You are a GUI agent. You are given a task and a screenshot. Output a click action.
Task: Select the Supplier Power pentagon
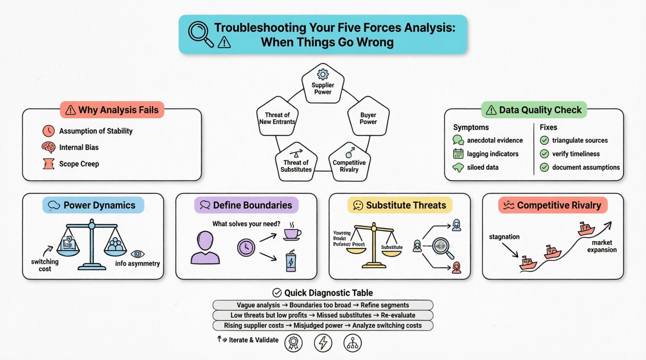point(323,84)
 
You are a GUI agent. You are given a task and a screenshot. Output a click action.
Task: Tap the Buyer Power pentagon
point(368,117)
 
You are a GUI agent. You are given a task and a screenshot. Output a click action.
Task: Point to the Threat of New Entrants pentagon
point(277,117)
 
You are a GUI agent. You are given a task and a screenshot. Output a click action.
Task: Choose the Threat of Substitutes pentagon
point(296,163)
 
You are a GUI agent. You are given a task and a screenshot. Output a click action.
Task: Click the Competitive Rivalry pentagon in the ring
point(349,163)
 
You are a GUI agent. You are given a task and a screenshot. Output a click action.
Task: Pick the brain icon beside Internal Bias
point(49,147)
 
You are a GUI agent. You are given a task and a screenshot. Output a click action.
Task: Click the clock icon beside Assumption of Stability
point(49,131)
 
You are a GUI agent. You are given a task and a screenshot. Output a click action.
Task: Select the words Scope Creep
point(79,164)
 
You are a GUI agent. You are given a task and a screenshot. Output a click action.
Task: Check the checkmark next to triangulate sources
point(544,140)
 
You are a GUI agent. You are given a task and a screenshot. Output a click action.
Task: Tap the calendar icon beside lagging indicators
point(458,154)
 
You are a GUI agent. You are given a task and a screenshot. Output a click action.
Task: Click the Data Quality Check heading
point(534,110)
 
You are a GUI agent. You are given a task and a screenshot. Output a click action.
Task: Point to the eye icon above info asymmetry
point(137,254)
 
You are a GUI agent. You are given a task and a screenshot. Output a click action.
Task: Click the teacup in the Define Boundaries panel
point(292,234)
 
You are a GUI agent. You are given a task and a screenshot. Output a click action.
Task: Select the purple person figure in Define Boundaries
point(205,248)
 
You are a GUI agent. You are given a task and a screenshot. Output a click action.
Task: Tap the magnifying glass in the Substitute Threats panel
point(442,247)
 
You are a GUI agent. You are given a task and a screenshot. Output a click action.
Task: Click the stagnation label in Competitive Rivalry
point(504,237)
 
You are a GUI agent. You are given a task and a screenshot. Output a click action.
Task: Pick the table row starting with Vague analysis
point(323,305)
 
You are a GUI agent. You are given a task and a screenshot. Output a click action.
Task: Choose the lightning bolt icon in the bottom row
point(323,343)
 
